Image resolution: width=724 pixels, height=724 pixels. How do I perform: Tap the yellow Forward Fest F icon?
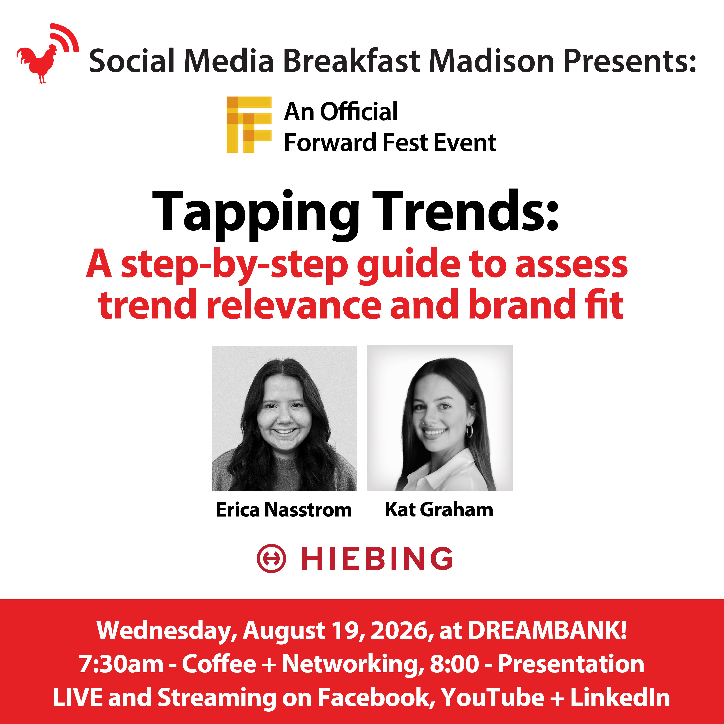coord(249,124)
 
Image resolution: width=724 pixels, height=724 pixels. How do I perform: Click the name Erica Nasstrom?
coord(284,510)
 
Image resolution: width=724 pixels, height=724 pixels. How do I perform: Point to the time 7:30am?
coord(121,664)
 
